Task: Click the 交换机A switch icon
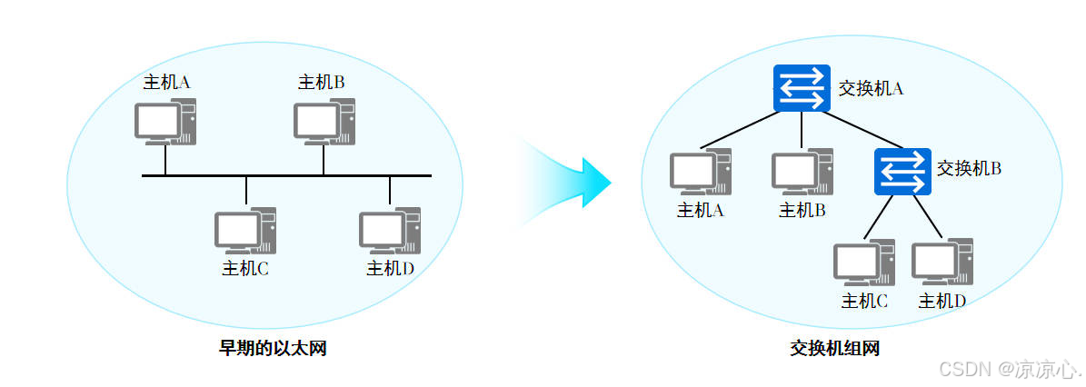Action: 802,88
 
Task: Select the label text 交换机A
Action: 870,88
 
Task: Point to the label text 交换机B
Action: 969,168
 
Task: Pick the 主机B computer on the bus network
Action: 324,123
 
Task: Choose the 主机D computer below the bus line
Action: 390,231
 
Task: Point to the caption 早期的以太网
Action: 273,348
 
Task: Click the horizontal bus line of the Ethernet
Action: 286,175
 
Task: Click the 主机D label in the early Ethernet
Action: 390,269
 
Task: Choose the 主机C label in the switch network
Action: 864,301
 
